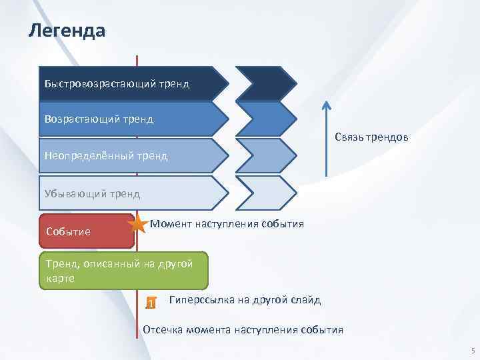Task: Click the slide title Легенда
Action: click(67, 31)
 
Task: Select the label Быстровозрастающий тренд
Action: click(117, 84)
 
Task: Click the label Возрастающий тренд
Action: click(99, 119)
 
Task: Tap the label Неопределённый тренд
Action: click(106, 156)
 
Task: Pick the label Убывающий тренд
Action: click(92, 193)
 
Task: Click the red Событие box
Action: click(86, 231)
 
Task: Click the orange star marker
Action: click(139, 225)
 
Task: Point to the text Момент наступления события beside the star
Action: click(227, 224)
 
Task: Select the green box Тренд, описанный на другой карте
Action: click(123, 271)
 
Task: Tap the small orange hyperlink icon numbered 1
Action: click(151, 303)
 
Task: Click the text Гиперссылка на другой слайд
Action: click(245, 300)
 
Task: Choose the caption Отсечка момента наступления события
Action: click(243, 329)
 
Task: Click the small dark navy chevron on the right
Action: click(266, 83)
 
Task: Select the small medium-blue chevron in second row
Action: click(266, 119)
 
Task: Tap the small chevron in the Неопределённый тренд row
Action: click(266, 156)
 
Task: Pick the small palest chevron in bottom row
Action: click(266, 193)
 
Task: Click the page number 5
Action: click(472, 351)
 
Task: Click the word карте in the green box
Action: click(60, 279)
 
